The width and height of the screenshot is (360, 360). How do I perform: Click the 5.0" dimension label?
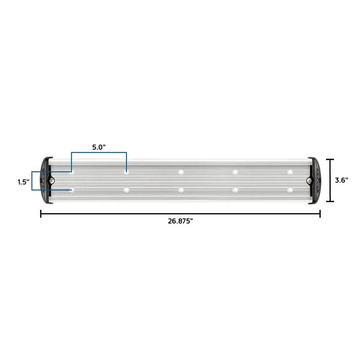coord(99,147)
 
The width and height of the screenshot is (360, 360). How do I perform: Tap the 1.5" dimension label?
coord(23,182)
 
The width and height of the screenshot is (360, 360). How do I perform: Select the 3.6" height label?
coord(342,180)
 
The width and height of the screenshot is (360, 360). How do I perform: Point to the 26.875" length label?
coord(180,220)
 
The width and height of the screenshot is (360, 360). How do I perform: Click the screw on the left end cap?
coord(52,180)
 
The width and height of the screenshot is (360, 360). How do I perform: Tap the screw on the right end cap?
coord(309,180)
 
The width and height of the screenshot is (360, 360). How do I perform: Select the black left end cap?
coord(46,180)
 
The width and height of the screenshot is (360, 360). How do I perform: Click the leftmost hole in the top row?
coord(72,173)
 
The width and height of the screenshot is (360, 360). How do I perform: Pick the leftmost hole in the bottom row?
coord(72,190)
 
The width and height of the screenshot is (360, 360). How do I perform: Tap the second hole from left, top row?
coord(126,173)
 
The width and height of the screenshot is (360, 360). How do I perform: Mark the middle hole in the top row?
coord(180,172)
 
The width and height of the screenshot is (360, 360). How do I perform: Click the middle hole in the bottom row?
coord(180,190)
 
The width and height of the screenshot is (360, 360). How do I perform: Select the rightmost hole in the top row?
coord(290,172)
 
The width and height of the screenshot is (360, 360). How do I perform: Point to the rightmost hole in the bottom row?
coord(290,190)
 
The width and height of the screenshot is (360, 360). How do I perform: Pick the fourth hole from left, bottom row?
coord(235,190)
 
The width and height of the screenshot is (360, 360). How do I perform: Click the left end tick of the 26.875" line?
coord(41,213)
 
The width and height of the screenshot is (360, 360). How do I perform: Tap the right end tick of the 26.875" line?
coord(320,213)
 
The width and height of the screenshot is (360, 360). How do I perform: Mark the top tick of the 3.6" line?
coord(332,160)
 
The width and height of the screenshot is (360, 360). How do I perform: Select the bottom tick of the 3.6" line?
coord(332,201)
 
